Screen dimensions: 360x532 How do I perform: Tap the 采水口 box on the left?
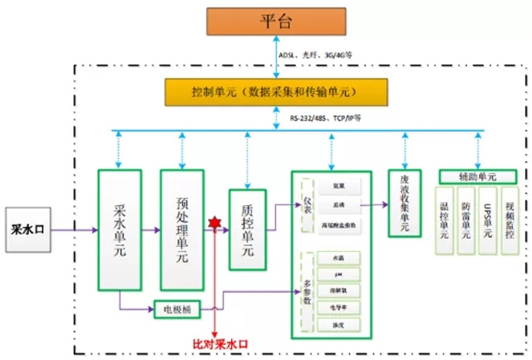coord(33,225)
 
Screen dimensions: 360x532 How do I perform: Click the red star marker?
coord(216,224)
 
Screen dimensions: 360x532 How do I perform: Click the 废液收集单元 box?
coord(406,205)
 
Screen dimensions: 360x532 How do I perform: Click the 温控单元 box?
coord(445,218)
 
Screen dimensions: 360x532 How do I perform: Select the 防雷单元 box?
coord(466,218)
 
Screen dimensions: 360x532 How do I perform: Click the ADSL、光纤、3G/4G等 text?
coord(318,56)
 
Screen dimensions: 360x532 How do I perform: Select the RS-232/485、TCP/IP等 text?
coord(326,119)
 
